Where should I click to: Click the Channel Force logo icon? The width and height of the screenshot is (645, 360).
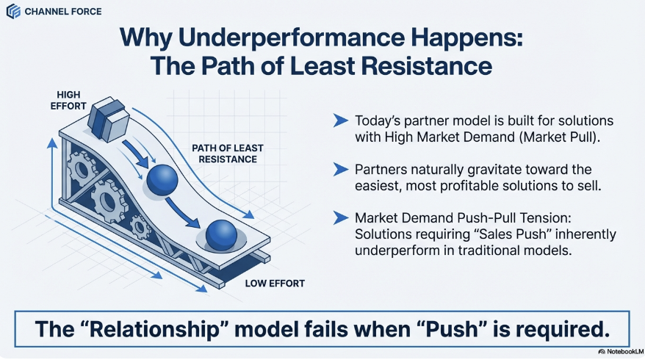point(13,12)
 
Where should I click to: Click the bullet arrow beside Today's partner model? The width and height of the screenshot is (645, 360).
point(340,120)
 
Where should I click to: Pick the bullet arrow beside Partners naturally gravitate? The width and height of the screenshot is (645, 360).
point(340,169)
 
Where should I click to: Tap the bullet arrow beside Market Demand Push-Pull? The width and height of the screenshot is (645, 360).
point(340,218)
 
